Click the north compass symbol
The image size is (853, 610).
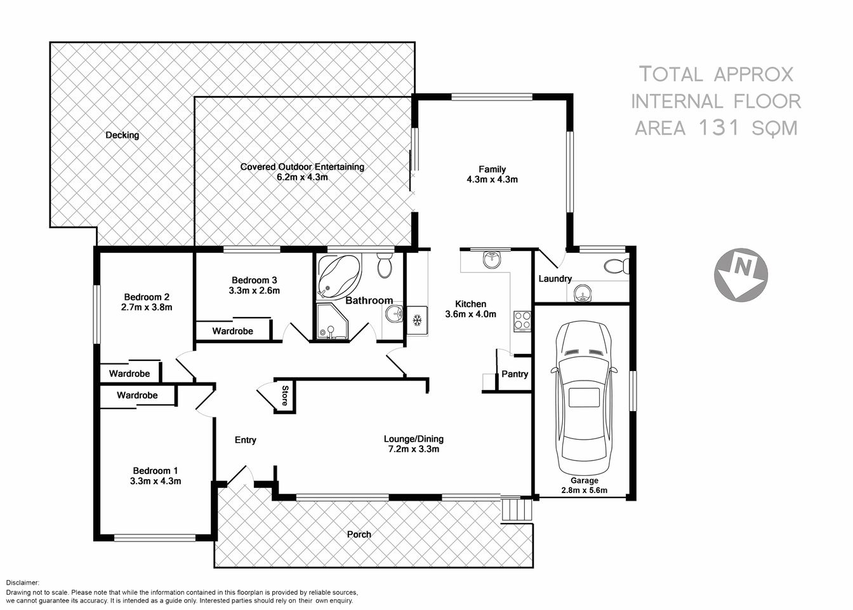point(741,271)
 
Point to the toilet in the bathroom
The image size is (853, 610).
point(384,266)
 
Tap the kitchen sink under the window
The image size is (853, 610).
point(492,259)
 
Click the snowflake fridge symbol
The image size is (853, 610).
point(417,320)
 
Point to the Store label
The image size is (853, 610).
point(285,395)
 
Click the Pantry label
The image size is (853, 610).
point(515,374)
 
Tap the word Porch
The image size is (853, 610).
point(359,534)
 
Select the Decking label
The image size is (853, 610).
point(122,135)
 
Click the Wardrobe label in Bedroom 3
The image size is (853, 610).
point(232,331)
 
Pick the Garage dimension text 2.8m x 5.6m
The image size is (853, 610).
point(584,490)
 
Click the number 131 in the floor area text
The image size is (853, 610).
point(719,128)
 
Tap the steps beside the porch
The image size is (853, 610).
point(517,510)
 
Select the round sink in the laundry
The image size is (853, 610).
point(582,294)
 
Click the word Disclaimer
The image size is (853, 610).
point(22,583)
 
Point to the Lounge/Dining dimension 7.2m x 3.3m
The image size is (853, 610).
point(413,449)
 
